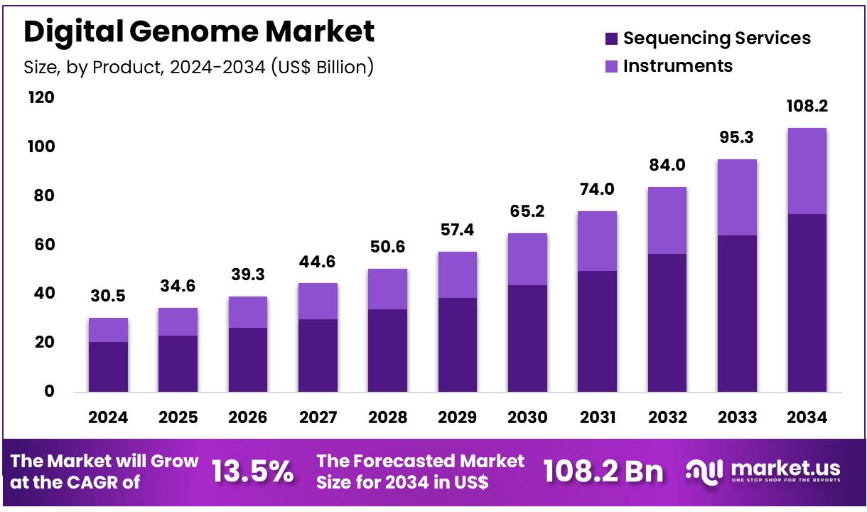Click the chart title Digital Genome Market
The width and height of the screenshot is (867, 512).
click(199, 33)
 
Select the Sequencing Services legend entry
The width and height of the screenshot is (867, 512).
click(707, 38)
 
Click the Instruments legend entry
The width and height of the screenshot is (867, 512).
click(668, 66)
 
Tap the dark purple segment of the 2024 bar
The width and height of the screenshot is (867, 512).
click(108, 366)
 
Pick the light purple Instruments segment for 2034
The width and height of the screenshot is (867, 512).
click(807, 171)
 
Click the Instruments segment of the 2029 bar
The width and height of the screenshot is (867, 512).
click(457, 274)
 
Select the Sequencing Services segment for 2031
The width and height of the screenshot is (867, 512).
click(596, 331)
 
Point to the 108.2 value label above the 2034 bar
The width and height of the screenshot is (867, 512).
click(807, 107)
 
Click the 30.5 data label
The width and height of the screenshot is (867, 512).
click(108, 297)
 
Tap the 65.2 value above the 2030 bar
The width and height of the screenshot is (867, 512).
click(527, 212)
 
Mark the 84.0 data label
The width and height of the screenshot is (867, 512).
click(666, 166)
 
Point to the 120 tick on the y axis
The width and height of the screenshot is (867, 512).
click(41, 97)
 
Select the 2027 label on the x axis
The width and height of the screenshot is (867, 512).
click(318, 417)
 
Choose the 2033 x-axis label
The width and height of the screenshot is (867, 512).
click(737, 417)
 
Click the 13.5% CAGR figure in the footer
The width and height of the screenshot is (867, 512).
click(252, 471)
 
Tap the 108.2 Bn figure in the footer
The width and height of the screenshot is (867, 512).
click(603, 471)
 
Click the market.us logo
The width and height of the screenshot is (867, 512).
click(764, 470)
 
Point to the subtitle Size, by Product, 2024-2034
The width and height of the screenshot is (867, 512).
click(199, 67)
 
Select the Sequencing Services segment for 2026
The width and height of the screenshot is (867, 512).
click(248, 359)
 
